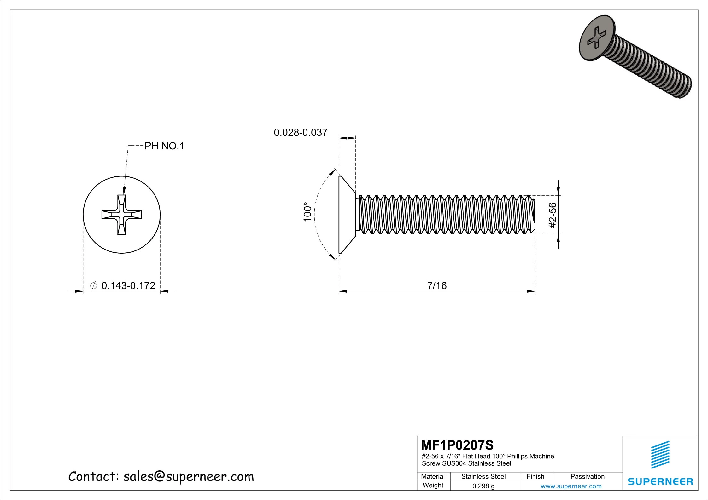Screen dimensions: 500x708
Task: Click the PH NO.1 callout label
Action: [164, 146]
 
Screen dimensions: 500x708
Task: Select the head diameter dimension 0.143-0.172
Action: [128, 285]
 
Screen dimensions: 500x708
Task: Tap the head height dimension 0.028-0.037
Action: [300, 132]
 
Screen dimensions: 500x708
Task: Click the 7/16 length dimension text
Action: [437, 285]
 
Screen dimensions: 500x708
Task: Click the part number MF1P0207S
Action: [457, 445]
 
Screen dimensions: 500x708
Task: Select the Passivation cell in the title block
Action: [587, 476]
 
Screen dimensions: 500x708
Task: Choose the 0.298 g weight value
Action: [483, 486]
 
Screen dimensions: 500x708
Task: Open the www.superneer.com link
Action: [571, 486]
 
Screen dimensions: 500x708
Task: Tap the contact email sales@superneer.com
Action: [188, 477]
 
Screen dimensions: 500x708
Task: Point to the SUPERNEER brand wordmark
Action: [660, 481]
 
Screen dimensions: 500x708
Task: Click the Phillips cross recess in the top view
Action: [122, 215]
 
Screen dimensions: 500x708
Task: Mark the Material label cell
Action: [433, 476]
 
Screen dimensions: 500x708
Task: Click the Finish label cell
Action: [535, 476]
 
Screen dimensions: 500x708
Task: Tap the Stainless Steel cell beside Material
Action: [483, 476]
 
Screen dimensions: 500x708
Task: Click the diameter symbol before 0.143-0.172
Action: [94, 285]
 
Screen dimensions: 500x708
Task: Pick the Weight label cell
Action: [433, 485]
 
